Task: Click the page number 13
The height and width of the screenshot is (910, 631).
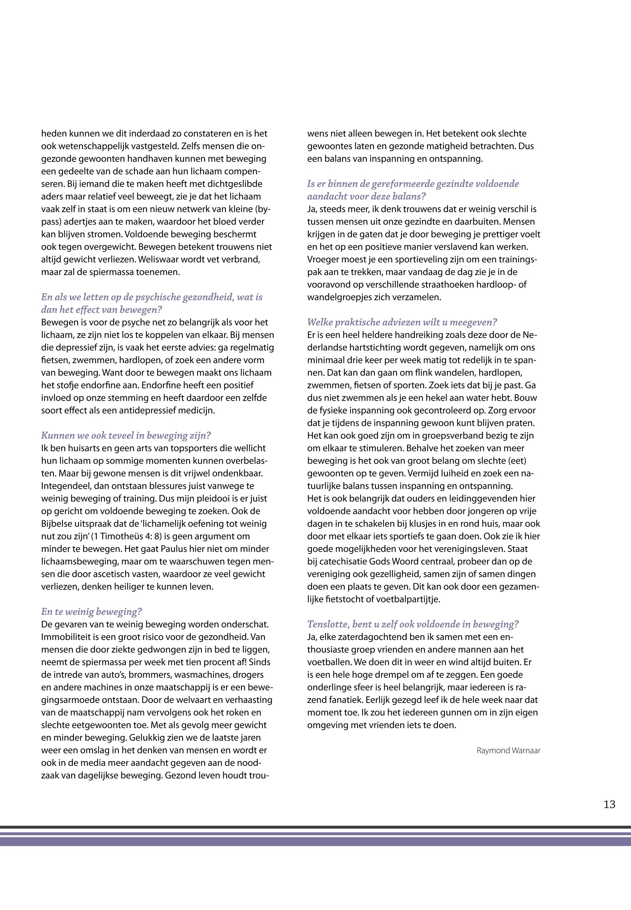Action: pyautogui.click(x=609, y=804)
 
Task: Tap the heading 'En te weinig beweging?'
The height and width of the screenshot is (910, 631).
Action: pyautogui.click(x=91, y=612)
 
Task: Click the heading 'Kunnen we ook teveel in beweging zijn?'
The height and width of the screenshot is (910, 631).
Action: pyautogui.click(x=126, y=435)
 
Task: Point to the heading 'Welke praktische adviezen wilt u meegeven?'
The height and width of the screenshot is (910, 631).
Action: pyautogui.click(x=402, y=322)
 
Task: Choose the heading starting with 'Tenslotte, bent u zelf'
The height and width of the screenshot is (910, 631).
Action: pyautogui.click(x=413, y=624)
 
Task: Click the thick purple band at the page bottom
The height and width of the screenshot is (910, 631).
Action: pyautogui.click(x=315, y=842)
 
